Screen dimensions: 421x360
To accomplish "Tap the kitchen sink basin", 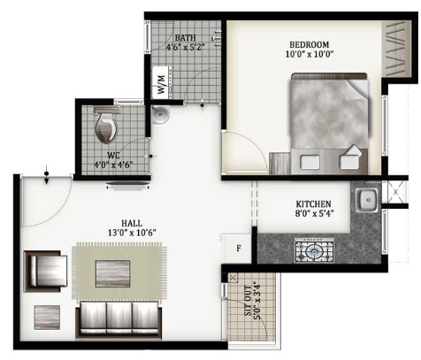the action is click(x=367, y=201).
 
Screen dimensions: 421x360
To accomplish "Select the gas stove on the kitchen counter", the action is click(x=314, y=250).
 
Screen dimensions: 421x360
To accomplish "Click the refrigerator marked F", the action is click(x=238, y=249).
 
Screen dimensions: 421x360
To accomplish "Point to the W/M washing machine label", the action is click(x=162, y=83).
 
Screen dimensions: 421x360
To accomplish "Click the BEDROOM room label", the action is click(x=309, y=45).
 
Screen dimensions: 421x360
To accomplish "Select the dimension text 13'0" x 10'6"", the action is click(x=132, y=233).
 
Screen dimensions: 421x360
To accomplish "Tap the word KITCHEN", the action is click(x=313, y=203).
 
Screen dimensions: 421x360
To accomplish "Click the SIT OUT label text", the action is click(x=248, y=301).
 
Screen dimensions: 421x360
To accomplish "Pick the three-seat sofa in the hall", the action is click(x=119, y=319).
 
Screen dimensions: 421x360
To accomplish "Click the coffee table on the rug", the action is click(x=112, y=273).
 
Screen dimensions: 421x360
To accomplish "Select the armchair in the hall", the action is click(x=46, y=272).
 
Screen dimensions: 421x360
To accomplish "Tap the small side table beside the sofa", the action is click(x=47, y=318).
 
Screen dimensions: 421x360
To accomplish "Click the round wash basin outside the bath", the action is click(x=160, y=114).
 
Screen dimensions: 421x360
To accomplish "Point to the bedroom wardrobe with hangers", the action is click(x=397, y=50).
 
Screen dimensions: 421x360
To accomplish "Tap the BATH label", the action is click(x=185, y=38).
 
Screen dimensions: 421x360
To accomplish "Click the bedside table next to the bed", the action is click(x=279, y=163).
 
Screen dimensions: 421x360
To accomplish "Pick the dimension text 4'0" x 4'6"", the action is click(x=113, y=165).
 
